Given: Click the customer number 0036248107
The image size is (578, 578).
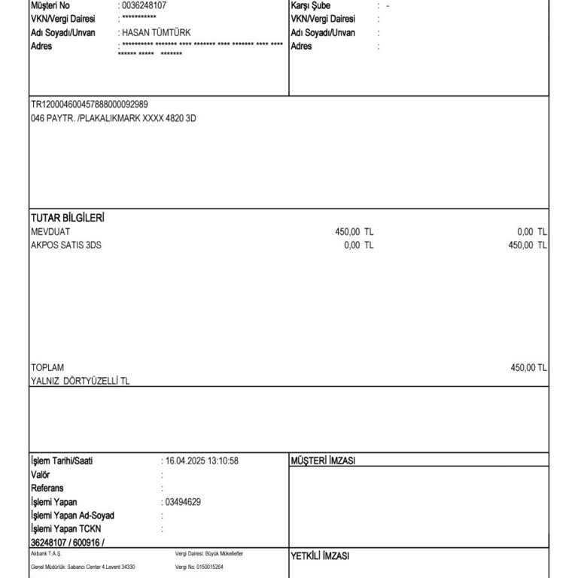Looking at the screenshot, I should click(144, 5).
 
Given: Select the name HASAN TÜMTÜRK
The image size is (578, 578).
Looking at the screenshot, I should click(156, 32).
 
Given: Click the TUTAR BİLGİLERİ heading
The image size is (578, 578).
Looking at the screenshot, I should click(67, 218).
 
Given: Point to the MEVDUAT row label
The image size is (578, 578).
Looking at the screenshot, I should click(50, 232).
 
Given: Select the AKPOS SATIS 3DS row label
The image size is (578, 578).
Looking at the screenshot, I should click(65, 245).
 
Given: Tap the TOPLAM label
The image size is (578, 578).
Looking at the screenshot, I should click(47, 367).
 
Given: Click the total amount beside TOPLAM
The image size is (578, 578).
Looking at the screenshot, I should click(528, 367).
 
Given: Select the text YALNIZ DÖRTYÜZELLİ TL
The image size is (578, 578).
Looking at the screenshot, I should click(80, 382).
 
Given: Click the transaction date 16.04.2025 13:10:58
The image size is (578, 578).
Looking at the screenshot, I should click(201, 461).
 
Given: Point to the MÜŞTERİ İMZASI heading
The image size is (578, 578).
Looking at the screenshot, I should click(323, 461).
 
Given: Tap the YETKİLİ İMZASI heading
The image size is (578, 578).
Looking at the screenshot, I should click(320, 556).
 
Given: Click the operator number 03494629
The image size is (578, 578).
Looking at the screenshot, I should click(182, 502).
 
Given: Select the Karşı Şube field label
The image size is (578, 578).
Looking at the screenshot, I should click(310, 5).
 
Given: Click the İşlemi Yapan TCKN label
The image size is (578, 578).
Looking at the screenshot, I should click(64, 529).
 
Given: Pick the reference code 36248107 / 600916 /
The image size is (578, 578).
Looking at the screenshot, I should click(68, 543).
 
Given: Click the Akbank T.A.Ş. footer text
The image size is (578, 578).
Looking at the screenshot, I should click(46, 553).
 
